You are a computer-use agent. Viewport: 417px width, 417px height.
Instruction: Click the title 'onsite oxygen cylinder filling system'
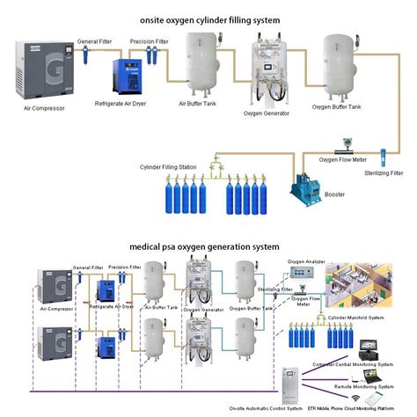(208, 18)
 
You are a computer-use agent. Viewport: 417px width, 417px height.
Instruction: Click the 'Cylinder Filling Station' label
(168, 166)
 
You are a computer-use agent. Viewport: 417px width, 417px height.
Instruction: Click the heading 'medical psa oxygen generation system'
(203, 247)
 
